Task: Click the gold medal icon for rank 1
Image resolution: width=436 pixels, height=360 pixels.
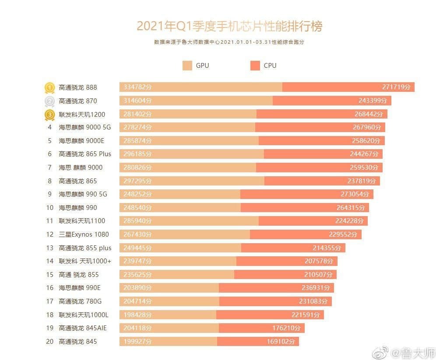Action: pos(49,88)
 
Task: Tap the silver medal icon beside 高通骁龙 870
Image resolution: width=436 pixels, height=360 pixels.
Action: pos(49,101)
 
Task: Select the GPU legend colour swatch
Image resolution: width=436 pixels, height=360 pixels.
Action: pos(187,66)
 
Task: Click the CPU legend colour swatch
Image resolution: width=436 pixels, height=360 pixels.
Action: pos(255,66)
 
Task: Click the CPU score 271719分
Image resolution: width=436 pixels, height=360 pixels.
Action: pos(397,87)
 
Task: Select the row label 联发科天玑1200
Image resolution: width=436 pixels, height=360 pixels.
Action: pos(82,115)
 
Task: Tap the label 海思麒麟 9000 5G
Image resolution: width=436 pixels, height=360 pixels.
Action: pos(85,128)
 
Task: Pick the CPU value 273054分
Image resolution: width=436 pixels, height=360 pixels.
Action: pos(355,194)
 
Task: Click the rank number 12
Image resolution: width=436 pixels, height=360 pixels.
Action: pos(49,234)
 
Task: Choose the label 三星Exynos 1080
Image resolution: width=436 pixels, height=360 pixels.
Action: pos(84,234)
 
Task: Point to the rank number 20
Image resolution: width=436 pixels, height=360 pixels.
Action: pos(49,341)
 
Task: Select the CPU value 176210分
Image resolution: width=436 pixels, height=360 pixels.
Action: pos(286,328)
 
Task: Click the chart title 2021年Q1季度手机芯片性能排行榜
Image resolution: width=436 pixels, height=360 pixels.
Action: pos(229,26)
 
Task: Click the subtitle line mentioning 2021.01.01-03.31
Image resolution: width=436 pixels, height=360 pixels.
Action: pos(229,42)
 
